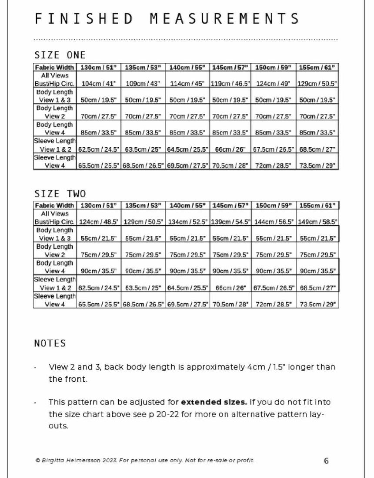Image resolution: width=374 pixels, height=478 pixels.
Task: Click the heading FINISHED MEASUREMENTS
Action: coord(167,19)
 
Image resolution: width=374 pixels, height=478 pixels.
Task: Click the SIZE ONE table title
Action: coord(60,55)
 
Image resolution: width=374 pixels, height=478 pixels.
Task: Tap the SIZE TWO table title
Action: coord(60,194)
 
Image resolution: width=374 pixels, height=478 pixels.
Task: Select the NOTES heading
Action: coord(50,343)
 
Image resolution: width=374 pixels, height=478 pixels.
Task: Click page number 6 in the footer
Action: coord(326,461)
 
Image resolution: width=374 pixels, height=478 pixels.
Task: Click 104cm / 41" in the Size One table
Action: coord(99,83)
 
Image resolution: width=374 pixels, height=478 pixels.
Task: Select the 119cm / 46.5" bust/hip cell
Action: coord(231,83)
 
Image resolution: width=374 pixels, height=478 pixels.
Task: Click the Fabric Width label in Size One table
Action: coord(54,68)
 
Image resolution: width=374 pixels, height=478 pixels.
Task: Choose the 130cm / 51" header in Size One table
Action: coord(99,68)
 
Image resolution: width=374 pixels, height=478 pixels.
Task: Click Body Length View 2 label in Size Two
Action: coord(54,251)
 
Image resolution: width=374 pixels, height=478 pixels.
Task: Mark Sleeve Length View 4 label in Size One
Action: coord(54,161)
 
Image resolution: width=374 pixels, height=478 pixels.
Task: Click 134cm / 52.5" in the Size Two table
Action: coord(187,222)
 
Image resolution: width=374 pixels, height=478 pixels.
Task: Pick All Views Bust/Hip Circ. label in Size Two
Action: coord(54,218)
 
